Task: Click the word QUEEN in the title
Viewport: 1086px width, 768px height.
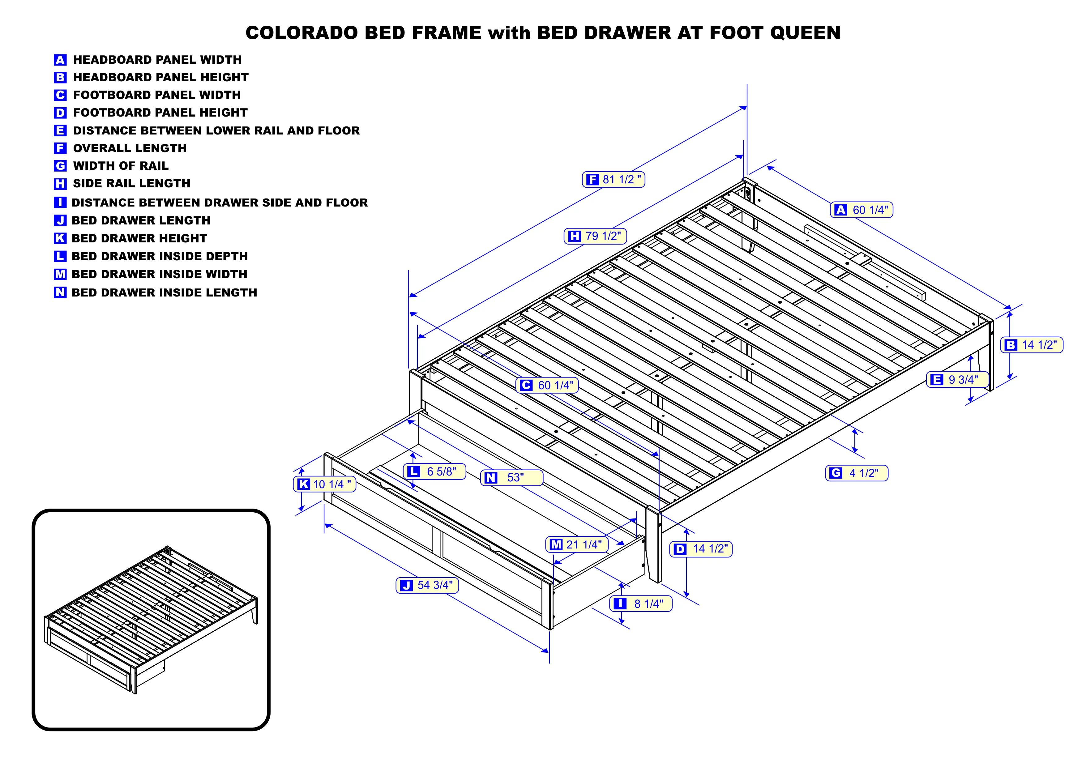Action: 805,33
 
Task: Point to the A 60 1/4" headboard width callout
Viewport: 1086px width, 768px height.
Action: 861,210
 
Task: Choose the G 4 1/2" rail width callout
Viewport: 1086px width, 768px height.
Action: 856,473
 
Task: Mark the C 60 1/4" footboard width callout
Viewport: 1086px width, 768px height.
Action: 547,386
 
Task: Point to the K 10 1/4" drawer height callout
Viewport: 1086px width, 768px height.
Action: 324,484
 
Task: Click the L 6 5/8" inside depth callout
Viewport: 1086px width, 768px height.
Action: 434,471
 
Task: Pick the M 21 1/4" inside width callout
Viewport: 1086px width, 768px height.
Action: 577,544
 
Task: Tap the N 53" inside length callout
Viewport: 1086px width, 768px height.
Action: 511,478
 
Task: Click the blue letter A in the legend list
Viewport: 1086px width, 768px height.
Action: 60,60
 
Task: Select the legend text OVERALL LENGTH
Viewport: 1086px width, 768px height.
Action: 130,148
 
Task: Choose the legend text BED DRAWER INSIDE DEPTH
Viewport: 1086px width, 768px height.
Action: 159,256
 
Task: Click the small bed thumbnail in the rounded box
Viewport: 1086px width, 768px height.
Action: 151,620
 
